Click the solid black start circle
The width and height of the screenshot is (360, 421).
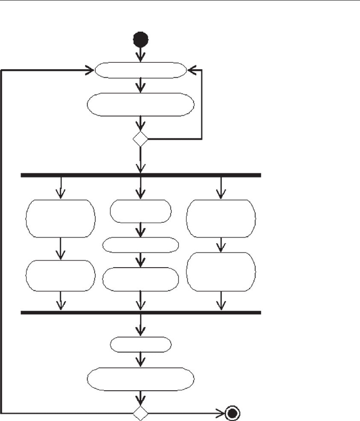pos(141,40)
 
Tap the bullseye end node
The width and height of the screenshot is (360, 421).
pos(232,413)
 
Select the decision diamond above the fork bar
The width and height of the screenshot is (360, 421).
pos(140,139)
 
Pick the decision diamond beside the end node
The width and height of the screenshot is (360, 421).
pos(140,413)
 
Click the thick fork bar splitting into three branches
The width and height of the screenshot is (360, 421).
pos(140,175)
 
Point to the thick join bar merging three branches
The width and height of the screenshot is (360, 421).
pos(140,313)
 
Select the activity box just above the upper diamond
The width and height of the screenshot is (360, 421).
pos(140,104)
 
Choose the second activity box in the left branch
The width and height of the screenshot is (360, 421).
pos(61,275)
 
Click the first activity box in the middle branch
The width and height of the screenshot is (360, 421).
pos(140,211)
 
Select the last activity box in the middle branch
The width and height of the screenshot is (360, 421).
pos(140,279)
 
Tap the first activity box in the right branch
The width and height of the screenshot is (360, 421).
pos(221,218)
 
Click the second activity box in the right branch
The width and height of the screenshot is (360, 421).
pos(221,272)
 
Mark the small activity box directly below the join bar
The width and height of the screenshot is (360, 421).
pos(140,344)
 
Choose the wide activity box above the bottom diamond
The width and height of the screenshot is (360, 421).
pos(140,378)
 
